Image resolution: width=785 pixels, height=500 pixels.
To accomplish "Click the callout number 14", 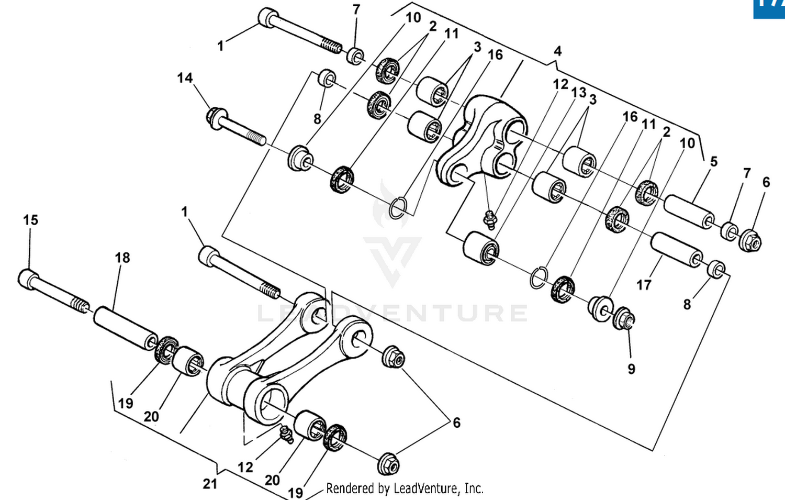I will [185, 78].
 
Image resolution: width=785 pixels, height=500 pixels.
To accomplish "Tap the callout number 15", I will [30, 220].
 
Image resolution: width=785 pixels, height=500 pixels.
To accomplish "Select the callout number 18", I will [122, 258].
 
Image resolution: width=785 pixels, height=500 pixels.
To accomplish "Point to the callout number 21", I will [210, 484].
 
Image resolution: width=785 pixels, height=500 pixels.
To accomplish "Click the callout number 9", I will [632, 369].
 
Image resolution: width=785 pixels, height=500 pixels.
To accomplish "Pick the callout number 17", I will [644, 285].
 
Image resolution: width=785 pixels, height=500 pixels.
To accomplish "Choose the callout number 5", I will [714, 161].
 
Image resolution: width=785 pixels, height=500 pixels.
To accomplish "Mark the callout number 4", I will [558, 51].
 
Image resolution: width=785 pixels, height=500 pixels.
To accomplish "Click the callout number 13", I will [578, 93].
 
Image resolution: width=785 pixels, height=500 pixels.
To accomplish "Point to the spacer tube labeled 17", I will [676, 250].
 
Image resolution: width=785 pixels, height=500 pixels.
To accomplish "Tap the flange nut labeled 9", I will [625, 317].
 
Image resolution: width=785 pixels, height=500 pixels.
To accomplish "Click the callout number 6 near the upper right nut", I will [766, 182].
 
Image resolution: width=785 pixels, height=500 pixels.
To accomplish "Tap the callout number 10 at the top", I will [413, 18].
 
